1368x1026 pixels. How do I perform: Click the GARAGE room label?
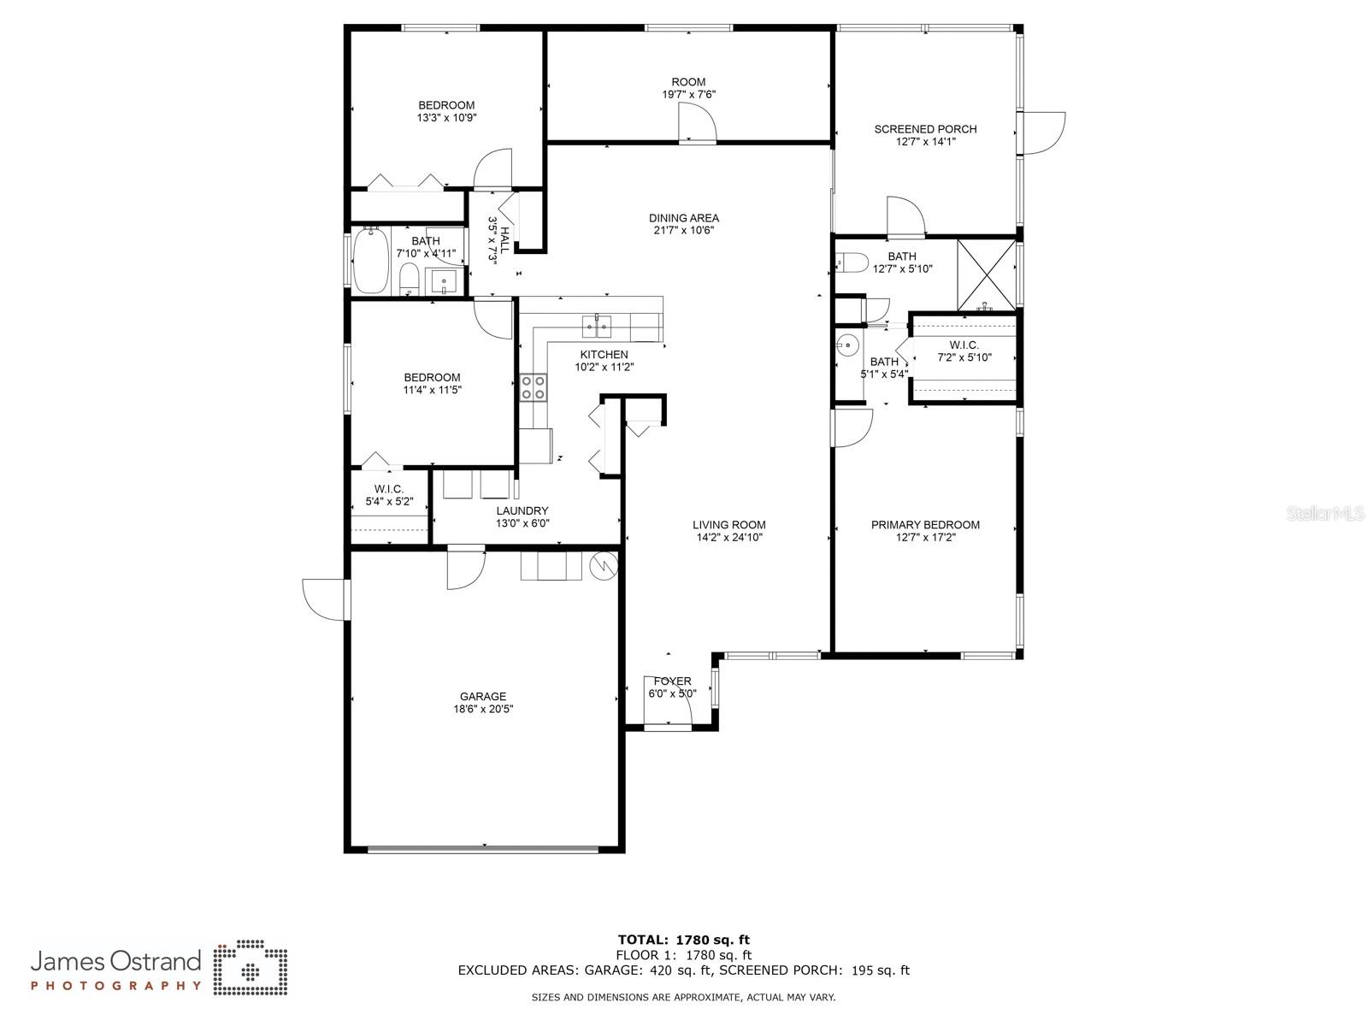(x=482, y=697)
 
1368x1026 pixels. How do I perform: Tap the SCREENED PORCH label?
(x=925, y=129)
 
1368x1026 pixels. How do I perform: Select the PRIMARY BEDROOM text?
(x=925, y=524)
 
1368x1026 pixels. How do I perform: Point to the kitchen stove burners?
(x=533, y=386)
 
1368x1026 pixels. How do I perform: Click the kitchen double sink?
(x=597, y=326)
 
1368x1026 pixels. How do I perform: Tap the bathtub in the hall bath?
(x=371, y=260)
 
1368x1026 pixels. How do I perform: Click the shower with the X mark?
(x=986, y=274)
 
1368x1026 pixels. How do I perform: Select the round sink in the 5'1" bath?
(x=847, y=343)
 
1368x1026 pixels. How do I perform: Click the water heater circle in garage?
(x=604, y=564)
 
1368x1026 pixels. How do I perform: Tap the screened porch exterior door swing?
(x=1041, y=133)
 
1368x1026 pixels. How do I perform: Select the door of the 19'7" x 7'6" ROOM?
(x=697, y=123)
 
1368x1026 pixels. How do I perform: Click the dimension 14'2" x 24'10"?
(x=728, y=538)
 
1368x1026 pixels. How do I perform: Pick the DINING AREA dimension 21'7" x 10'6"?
(x=684, y=230)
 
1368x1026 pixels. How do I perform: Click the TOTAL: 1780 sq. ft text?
(x=684, y=940)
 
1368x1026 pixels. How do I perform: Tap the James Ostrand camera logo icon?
(x=250, y=967)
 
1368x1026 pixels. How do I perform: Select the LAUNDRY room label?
(x=522, y=510)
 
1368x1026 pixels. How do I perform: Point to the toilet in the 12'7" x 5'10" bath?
(x=852, y=262)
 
